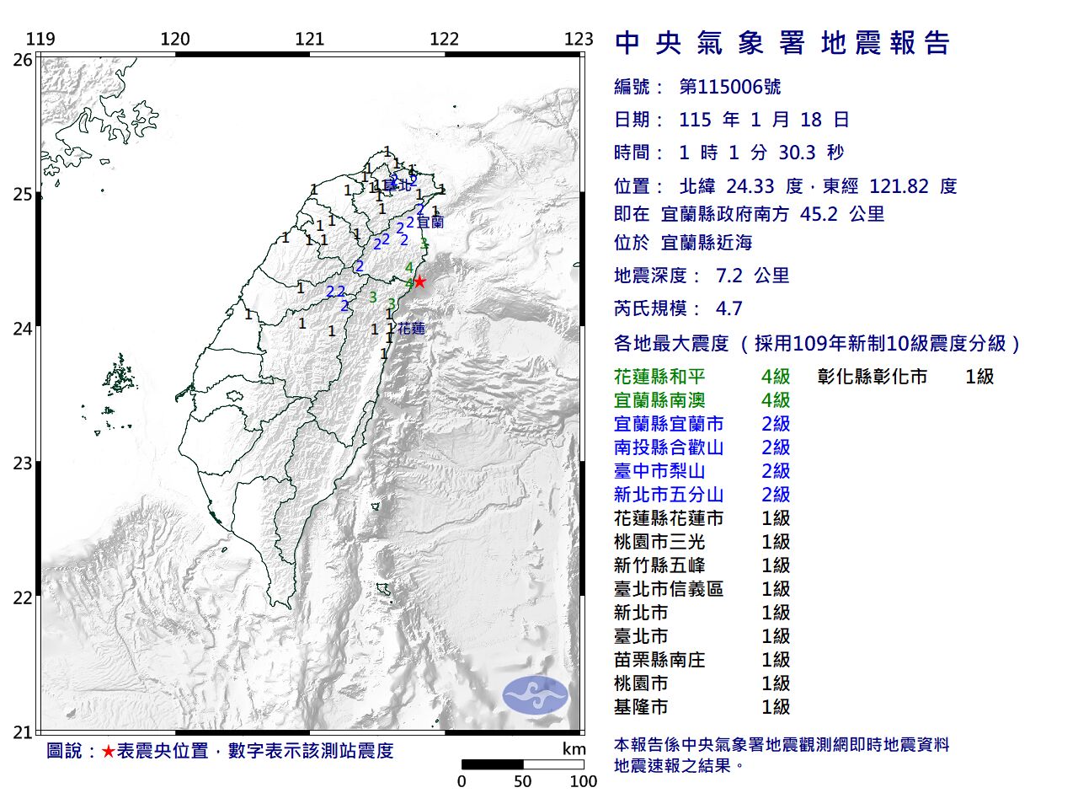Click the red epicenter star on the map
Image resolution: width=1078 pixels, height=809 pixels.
tap(419, 281)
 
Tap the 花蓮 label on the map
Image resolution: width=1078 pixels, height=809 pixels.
tap(411, 329)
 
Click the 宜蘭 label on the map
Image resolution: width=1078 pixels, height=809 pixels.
tap(430, 222)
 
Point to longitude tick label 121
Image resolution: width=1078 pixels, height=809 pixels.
tap(310, 39)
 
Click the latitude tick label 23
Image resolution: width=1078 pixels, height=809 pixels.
tap(23, 463)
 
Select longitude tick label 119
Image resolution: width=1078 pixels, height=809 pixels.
tap(40, 39)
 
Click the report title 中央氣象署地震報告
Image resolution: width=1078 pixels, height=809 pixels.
tap(782, 43)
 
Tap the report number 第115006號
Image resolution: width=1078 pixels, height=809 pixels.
tap(730, 87)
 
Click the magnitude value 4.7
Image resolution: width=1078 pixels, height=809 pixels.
tap(728, 308)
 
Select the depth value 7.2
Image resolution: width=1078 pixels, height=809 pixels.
tap(728, 276)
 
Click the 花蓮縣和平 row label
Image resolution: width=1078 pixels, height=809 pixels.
tap(659, 377)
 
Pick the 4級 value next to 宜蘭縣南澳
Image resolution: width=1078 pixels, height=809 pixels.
tap(776, 400)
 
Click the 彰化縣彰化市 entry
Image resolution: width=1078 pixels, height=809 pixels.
tap(873, 377)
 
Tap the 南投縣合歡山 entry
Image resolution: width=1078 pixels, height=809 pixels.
tap(669, 447)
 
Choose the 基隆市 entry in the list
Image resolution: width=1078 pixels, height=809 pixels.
tap(641, 707)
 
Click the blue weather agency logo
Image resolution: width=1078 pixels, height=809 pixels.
tap(536, 695)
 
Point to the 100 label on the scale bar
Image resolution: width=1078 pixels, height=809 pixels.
tap(583, 781)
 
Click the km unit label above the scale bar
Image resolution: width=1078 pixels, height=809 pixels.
tap(574, 749)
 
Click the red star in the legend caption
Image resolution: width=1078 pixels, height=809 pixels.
tap(108, 751)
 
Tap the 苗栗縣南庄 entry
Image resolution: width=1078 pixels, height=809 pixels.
tap(659, 660)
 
